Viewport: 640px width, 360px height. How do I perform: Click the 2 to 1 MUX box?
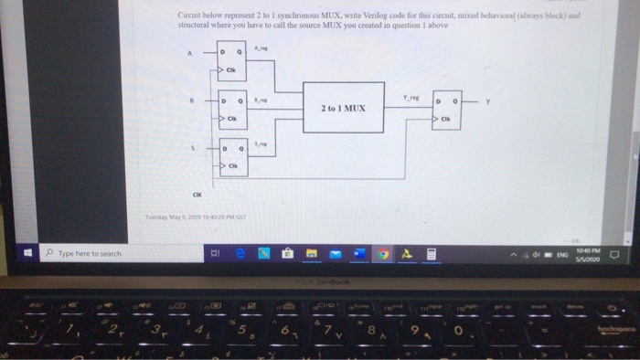(x=343, y=107)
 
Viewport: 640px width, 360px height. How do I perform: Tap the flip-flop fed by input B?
(x=230, y=108)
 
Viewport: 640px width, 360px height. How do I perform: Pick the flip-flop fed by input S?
(x=230, y=155)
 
